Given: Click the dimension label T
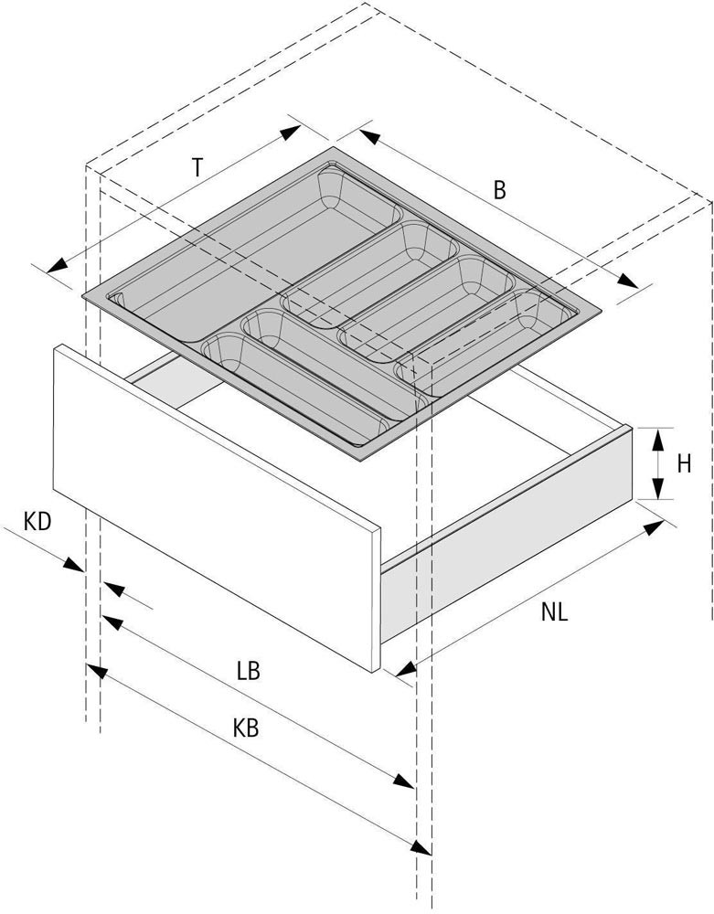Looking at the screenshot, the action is click(x=197, y=167).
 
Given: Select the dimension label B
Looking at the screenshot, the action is click(x=499, y=190).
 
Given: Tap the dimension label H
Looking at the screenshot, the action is click(x=684, y=463).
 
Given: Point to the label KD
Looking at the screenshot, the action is click(x=37, y=521).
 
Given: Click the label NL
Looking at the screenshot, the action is click(x=554, y=612).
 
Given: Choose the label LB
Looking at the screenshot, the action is click(x=249, y=671).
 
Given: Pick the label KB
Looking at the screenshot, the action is click(x=246, y=728).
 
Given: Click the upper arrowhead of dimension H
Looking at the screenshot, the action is click(x=657, y=439).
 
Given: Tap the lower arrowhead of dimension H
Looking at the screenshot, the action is click(x=657, y=488).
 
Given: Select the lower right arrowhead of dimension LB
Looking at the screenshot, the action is click(x=404, y=781).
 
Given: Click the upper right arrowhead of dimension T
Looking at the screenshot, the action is click(x=290, y=133).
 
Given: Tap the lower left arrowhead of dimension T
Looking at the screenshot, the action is click(x=57, y=265).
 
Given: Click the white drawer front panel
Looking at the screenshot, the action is click(x=217, y=507).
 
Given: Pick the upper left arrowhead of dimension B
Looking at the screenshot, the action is click(x=369, y=138).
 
